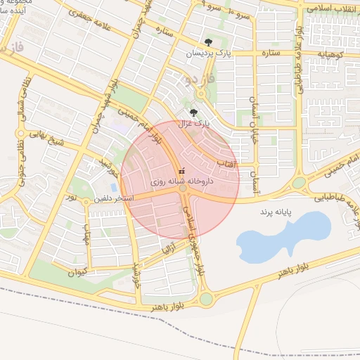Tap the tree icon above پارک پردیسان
point(207,42)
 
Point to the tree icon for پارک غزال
point(193,112)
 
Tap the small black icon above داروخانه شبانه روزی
point(182,170)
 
